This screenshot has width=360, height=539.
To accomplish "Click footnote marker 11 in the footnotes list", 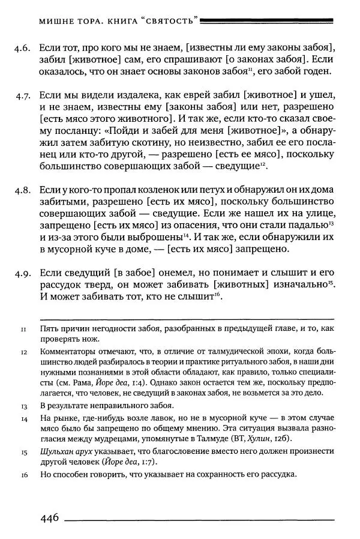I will [x=23, y=330].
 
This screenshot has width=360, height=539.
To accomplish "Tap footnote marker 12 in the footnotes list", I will [x=23, y=352].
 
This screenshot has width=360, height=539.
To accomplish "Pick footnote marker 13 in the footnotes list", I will [x=23, y=406].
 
